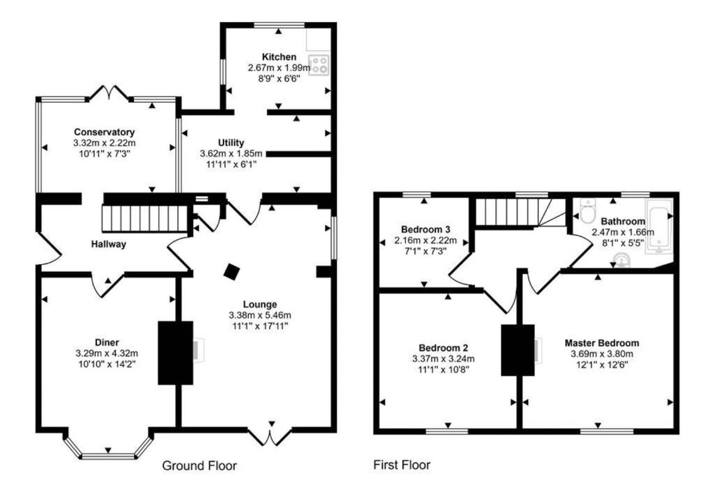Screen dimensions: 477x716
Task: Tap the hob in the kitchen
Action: click(x=320, y=64)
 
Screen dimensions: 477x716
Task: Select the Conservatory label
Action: click(x=104, y=132)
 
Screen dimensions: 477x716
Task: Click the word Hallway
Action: click(x=109, y=244)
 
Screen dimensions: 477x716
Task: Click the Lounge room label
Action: click(x=259, y=304)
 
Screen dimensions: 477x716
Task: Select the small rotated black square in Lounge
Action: click(x=231, y=272)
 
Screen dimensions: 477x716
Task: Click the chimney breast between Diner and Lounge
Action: click(x=175, y=352)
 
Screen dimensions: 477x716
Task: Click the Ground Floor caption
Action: click(x=200, y=465)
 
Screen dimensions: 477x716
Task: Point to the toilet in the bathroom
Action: click(x=588, y=209)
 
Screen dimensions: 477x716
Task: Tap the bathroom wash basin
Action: click(x=621, y=261)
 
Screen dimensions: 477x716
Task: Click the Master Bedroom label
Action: click(x=602, y=343)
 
